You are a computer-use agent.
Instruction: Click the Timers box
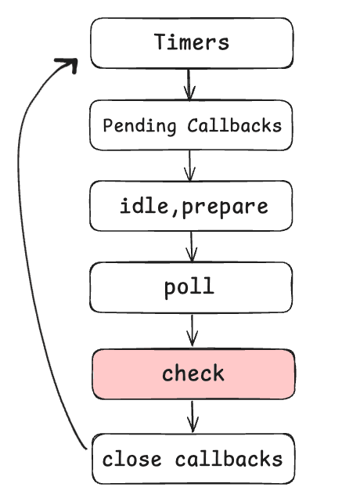click(192, 42)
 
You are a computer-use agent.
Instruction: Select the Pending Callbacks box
click(192, 125)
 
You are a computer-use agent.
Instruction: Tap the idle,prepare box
click(192, 206)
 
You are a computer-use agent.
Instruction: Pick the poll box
click(192, 287)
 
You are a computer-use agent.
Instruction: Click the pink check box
click(193, 373)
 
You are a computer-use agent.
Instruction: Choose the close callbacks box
click(193, 459)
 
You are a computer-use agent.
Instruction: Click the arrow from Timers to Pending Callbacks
click(189, 84)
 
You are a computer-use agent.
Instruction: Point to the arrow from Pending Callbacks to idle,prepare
click(189, 165)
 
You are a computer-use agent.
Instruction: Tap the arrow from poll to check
click(193, 330)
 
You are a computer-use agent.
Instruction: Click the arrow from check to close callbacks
click(193, 416)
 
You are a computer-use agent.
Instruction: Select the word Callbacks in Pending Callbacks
click(234, 125)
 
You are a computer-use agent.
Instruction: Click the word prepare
click(225, 207)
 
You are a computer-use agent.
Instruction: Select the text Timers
click(192, 42)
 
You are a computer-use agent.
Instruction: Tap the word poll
click(189, 288)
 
